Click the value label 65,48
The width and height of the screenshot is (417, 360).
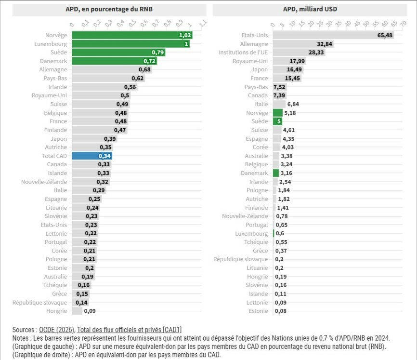pos(385,35)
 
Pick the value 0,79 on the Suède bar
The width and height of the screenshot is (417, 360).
pos(158,53)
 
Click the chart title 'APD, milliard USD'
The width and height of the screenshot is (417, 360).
pos(310,9)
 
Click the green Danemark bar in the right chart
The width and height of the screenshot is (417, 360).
pos(275,173)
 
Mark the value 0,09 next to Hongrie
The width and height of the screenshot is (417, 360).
pos(90,311)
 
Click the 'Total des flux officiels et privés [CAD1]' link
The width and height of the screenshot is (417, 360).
pos(130,330)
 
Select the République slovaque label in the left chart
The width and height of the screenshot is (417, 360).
pos(40,302)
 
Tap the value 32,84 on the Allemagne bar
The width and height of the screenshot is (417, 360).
pos(325,44)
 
